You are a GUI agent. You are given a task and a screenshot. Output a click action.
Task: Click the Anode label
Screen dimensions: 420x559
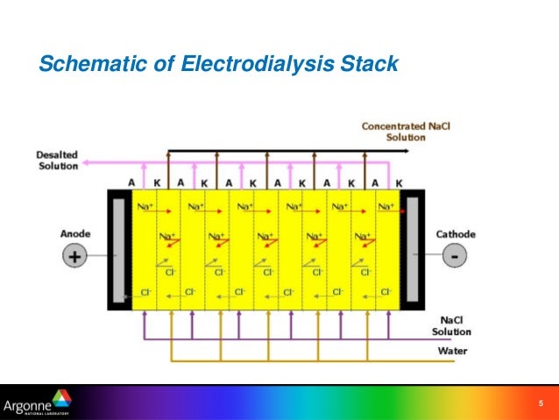click(x=74, y=234)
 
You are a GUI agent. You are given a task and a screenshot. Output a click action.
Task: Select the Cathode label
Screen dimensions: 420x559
click(x=456, y=234)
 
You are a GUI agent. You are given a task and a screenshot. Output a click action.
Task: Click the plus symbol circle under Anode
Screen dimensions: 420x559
click(x=74, y=257)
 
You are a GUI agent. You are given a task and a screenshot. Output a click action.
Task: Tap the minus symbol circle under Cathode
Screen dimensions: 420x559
click(x=456, y=257)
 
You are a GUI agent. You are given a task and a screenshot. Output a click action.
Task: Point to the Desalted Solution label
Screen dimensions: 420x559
click(x=57, y=160)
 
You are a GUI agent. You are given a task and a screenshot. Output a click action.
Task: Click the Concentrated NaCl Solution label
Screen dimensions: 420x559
click(x=393, y=132)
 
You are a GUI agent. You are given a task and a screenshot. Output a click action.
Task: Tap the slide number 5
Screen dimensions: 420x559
click(x=541, y=403)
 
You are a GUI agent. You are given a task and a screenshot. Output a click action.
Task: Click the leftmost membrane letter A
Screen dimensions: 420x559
click(x=131, y=183)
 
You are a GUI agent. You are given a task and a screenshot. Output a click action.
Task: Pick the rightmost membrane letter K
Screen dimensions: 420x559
click(x=400, y=183)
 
